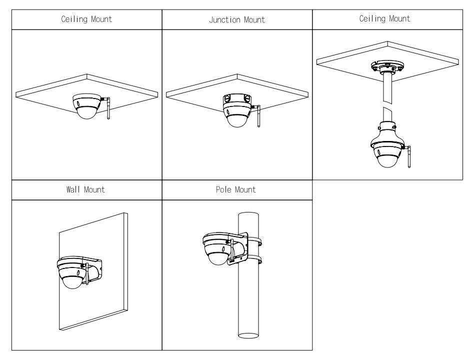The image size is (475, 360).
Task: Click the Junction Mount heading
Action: pos(237,20)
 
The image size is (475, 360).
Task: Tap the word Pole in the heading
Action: pos(223,190)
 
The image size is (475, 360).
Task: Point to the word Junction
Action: pos(225,20)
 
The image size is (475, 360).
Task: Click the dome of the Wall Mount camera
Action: pos(74,280)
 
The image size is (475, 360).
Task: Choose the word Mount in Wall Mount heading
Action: pos(95,190)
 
